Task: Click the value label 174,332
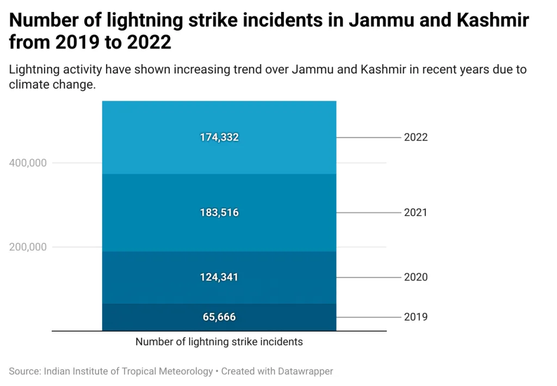point(219,138)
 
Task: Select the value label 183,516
point(219,212)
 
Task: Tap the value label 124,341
point(219,277)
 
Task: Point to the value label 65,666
point(219,317)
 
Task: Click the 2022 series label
point(416,138)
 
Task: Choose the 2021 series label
point(416,212)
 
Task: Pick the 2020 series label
point(416,277)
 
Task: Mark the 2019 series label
point(416,317)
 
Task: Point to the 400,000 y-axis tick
point(28,163)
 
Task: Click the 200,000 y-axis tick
point(28,247)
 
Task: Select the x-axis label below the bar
point(219,342)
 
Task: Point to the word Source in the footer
point(24,371)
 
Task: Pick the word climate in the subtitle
point(26,84)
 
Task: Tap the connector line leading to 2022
point(368,138)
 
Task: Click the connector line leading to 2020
point(368,277)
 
